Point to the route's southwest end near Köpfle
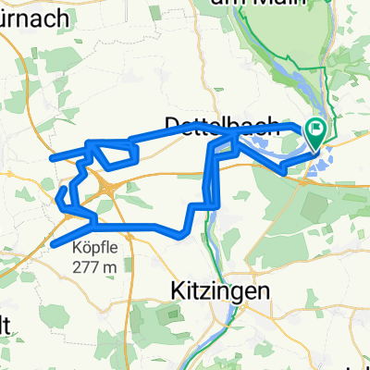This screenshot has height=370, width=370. pos(54,244)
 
